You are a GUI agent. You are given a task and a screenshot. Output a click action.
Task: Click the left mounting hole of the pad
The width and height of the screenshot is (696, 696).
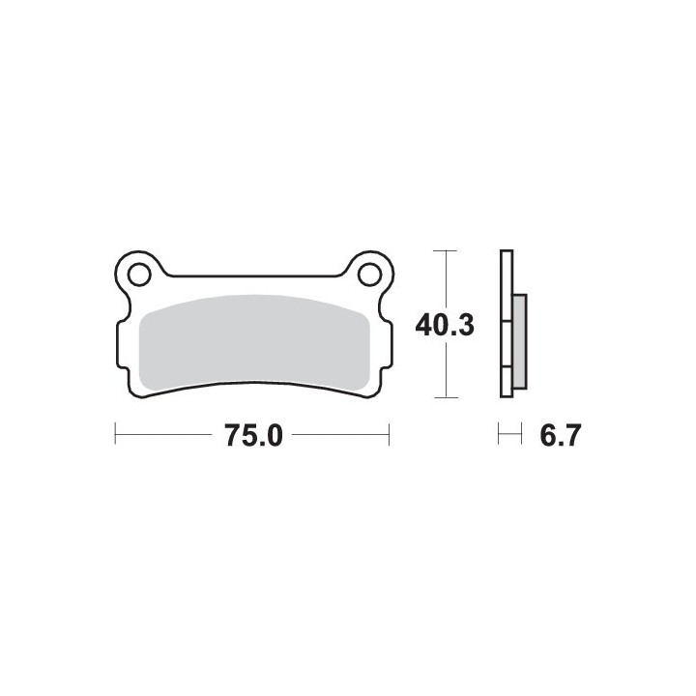(x=139, y=275)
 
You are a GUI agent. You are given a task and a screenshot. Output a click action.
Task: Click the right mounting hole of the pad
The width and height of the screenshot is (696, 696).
(x=369, y=275)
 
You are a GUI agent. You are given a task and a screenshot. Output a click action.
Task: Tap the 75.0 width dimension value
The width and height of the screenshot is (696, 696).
(x=253, y=435)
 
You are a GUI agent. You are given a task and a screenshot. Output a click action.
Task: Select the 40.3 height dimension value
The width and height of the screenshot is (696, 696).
(x=445, y=326)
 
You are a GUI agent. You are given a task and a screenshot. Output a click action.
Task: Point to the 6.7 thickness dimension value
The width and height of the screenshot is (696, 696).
(x=560, y=435)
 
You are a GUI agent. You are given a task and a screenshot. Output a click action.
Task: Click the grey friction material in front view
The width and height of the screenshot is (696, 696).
(x=254, y=344)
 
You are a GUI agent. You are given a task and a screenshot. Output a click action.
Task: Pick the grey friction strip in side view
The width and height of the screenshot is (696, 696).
(x=520, y=342)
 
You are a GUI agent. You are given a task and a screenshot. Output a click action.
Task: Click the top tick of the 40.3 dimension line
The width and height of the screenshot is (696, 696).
(x=445, y=250)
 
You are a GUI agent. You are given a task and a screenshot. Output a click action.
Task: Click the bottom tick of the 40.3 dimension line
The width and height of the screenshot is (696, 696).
(x=446, y=397)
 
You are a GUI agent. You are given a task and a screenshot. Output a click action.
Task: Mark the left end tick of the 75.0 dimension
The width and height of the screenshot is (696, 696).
(x=115, y=434)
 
